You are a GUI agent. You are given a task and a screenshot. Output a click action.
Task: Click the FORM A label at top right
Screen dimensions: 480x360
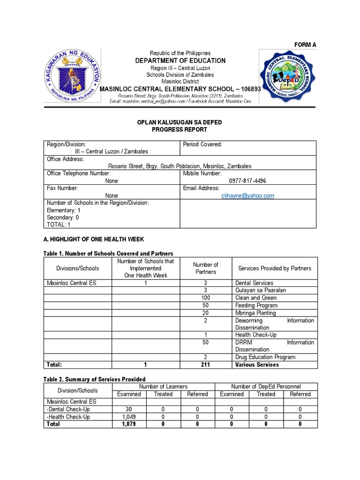coord(305,45)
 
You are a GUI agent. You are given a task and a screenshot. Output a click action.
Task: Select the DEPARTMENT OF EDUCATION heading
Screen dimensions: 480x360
coord(180,60)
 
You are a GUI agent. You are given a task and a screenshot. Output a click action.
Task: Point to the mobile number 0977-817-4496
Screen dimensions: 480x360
coord(247,181)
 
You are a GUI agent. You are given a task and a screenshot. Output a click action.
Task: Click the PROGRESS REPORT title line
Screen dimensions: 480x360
coord(180,130)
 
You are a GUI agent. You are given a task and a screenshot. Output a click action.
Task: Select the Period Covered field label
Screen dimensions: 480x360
coord(202,144)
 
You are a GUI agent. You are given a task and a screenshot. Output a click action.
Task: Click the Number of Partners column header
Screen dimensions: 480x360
coord(206,268)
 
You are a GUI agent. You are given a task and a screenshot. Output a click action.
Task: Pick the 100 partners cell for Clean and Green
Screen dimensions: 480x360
coord(206,298)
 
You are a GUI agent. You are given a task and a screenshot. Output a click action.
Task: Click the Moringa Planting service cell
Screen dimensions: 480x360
coord(255,313)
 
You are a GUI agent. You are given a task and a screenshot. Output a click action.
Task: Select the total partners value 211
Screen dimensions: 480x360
coord(206,365)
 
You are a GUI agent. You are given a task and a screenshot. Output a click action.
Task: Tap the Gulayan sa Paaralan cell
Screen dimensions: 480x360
coord(261,291)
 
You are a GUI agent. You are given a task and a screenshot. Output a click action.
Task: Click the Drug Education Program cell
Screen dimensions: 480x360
coord(265,357)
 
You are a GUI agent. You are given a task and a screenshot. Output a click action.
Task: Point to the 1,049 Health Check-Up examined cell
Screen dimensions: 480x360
coord(129,417)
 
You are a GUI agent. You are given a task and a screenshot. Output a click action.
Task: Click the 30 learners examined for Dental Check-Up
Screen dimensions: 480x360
coord(129,409)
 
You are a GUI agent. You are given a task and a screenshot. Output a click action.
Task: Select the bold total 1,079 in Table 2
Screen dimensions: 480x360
coord(129,424)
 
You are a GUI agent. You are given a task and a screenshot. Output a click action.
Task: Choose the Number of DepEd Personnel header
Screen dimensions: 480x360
coord(266,387)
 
